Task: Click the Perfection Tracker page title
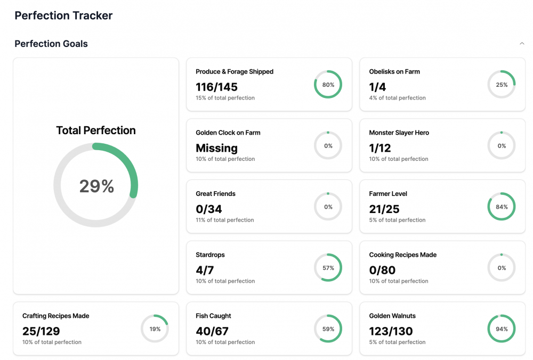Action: pos(63,15)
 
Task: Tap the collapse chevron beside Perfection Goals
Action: pos(522,44)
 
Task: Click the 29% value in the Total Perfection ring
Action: pos(96,186)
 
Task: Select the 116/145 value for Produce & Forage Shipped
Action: pos(216,87)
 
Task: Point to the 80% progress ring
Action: pos(328,85)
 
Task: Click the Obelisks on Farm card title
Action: pos(394,71)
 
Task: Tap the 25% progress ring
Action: pos(502,85)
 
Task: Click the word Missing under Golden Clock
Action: pos(216,148)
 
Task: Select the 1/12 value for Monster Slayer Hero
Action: pos(380,148)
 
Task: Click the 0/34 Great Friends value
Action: pos(209,209)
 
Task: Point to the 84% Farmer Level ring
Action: pos(502,207)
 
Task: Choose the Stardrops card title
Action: pos(209,255)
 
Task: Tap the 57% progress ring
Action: pos(328,268)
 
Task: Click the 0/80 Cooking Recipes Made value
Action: pos(382,270)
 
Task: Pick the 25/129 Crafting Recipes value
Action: pos(41,331)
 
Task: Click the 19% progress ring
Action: pos(155,329)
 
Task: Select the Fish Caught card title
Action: pos(213,316)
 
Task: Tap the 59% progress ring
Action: pos(328,329)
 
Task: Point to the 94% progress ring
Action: pos(502,329)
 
